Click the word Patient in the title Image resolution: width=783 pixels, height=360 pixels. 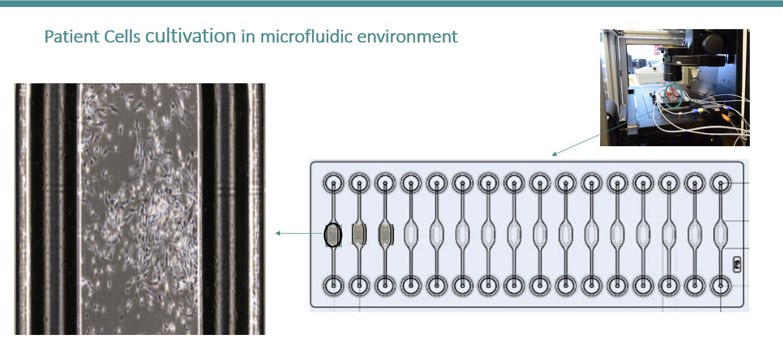click(72, 36)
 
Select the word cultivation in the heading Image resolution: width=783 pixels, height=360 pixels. click(190, 36)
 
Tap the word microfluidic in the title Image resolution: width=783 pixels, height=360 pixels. click(306, 36)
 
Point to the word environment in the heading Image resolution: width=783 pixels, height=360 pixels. click(408, 37)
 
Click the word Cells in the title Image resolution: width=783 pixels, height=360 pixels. click(122, 36)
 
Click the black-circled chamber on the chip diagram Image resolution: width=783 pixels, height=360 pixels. click(333, 235)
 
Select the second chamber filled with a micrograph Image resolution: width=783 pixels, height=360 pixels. click(359, 234)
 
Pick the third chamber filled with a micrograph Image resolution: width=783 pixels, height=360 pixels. click(385, 234)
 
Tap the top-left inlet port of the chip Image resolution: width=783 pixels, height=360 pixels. click(333, 183)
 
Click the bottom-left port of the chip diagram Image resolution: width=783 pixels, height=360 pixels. click(333, 285)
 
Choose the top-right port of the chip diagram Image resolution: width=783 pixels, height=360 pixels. click(721, 183)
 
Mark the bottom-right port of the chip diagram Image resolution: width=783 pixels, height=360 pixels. click(721, 285)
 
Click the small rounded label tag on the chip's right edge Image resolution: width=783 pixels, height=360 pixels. click(736, 264)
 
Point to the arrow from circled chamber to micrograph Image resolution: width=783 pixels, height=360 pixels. click(299, 233)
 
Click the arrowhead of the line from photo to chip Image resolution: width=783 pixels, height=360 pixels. click(554, 154)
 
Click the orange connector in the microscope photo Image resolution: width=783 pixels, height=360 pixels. click(726, 118)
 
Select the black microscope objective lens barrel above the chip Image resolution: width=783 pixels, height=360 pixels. click(672, 70)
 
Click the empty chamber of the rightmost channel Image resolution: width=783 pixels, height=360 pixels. click(721, 234)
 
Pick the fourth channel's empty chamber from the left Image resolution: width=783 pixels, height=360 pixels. click(411, 234)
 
